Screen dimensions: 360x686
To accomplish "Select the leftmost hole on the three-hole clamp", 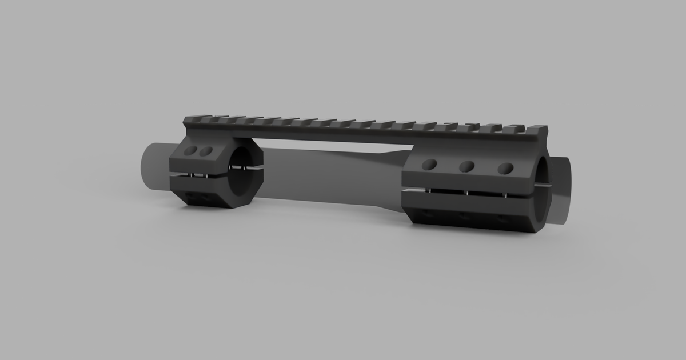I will point(428,165).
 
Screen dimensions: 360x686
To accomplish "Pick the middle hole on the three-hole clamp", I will point(466,166).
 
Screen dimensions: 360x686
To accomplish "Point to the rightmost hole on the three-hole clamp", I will point(505,168).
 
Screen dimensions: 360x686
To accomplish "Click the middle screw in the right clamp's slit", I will point(467,193).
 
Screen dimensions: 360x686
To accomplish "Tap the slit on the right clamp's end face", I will point(544,185).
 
